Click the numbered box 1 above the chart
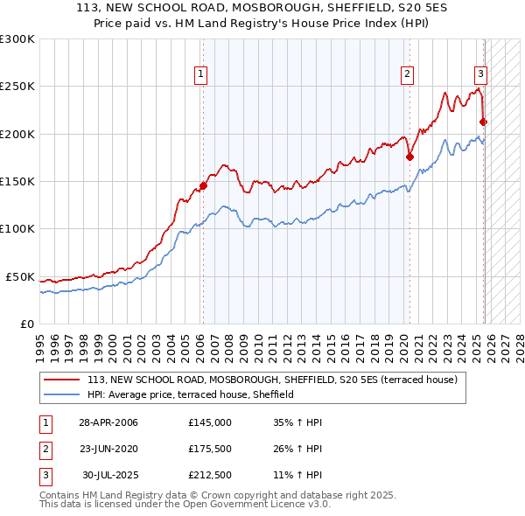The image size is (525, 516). click(201, 74)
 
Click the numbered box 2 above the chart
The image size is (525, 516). click(408, 74)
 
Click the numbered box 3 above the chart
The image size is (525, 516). click(481, 74)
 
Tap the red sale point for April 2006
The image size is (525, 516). click(203, 185)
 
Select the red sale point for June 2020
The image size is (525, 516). click(409, 157)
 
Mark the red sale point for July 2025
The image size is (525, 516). click(483, 122)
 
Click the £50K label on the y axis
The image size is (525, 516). click(20, 276)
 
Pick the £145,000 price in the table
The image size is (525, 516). click(209, 422)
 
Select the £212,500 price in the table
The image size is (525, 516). click(209, 477)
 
